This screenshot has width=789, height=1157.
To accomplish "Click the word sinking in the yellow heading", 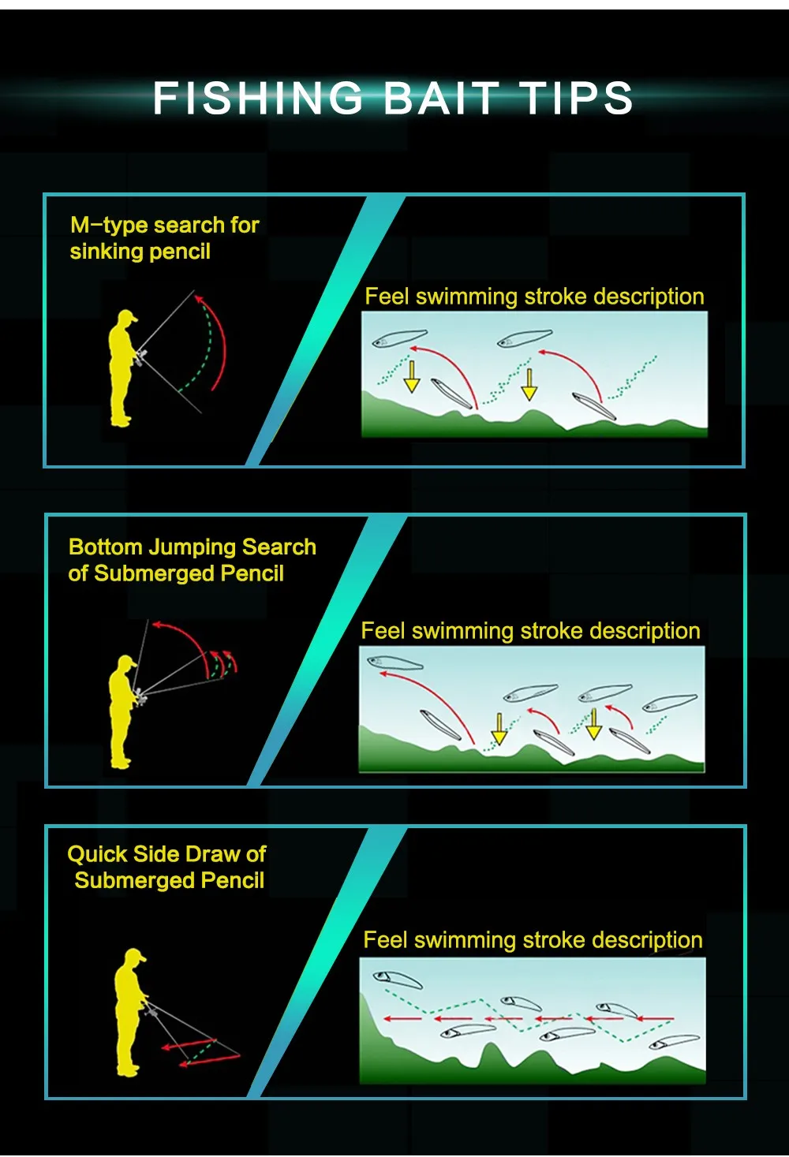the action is point(99,252).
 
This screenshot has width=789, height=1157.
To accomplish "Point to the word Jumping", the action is point(192,547).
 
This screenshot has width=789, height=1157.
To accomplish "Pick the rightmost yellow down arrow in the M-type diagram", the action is point(529,385).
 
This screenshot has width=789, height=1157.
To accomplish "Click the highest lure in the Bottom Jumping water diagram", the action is point(394,662).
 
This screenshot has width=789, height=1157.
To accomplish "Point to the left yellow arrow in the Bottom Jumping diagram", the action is point(499,729).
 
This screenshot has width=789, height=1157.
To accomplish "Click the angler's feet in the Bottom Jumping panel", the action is point(121,763).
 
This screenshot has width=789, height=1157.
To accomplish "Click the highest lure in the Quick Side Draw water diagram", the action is point(397,979).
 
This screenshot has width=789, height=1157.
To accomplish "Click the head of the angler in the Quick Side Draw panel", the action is point(134,957).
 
